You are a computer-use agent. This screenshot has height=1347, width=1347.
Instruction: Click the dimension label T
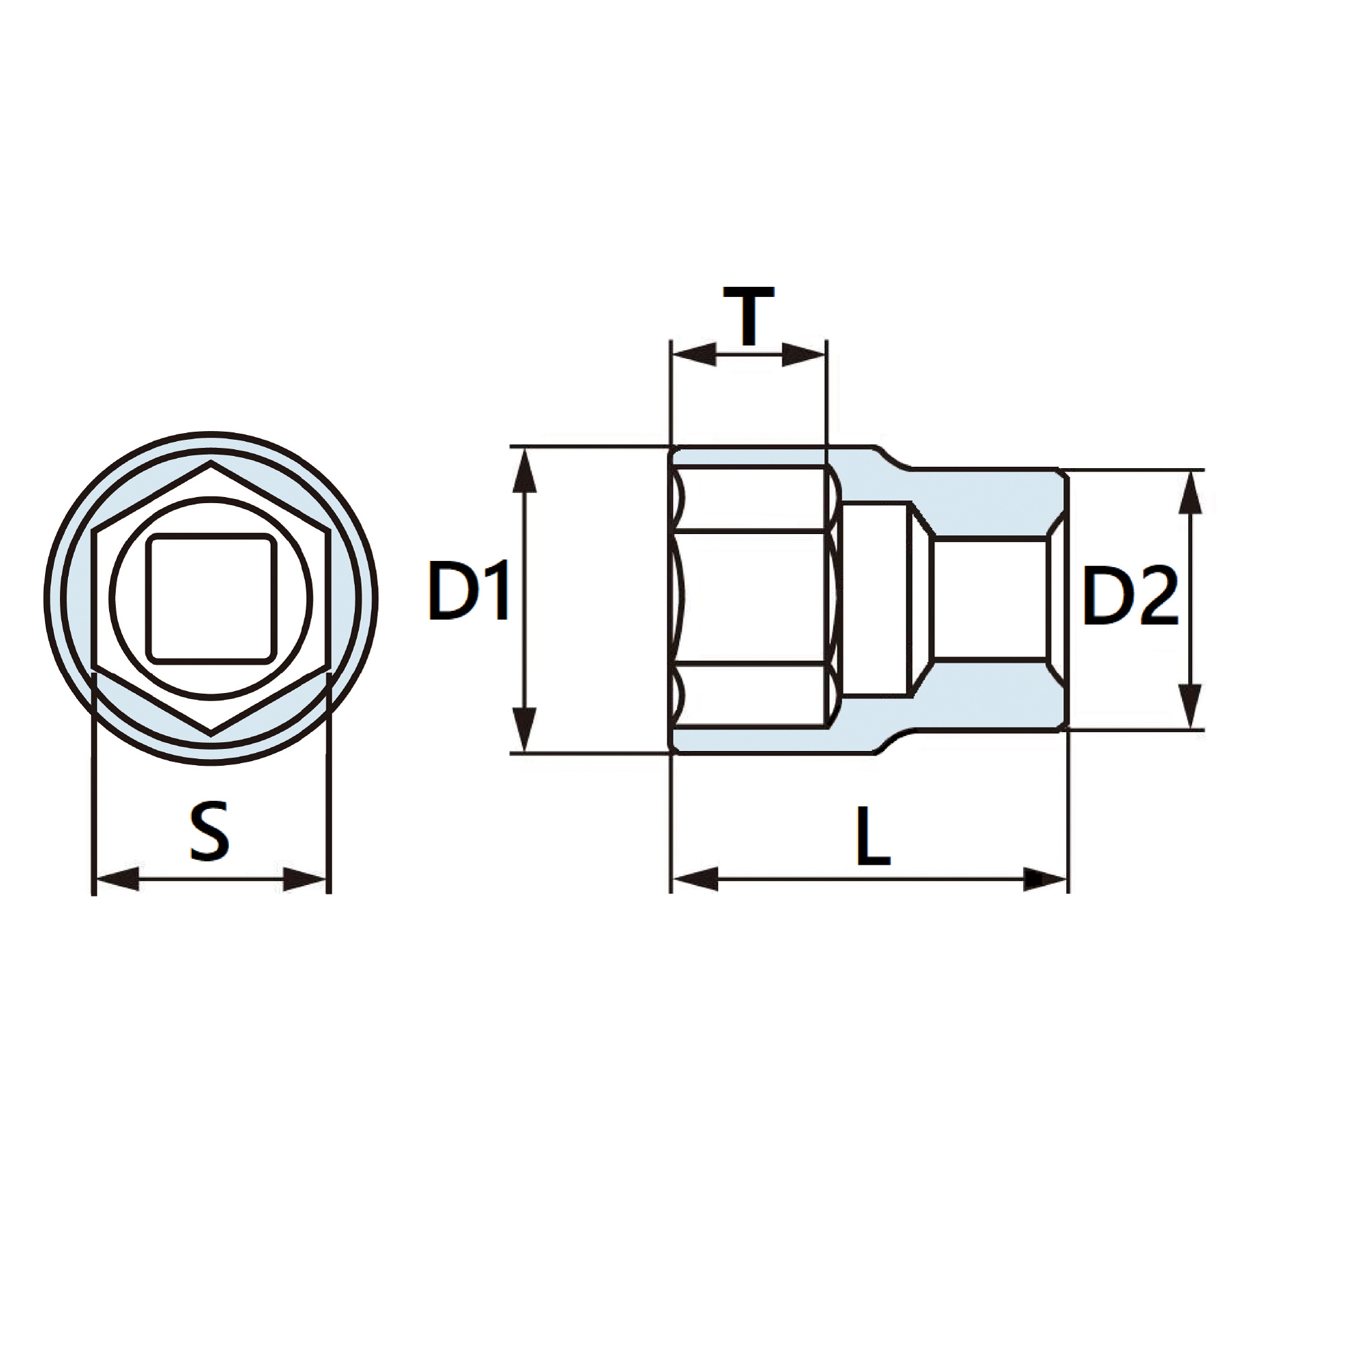(x=748, y=316)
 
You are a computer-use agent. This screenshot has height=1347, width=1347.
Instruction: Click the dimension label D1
(x=469, y=590)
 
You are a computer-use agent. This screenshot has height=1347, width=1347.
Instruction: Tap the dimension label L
(x=873, y=836)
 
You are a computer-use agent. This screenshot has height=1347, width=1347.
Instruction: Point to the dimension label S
(x=209, y=831)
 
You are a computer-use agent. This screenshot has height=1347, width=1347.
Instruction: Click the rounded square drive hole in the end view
(x=211, y=597)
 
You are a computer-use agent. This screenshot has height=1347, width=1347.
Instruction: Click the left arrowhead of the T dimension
(x=694, y=354)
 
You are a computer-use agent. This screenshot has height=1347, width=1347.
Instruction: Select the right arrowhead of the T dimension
(x=803, y=354)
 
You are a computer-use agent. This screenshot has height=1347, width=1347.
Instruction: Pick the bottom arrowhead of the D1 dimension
(x=524, y=729)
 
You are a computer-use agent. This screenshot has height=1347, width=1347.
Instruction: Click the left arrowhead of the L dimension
(x=696, y=879)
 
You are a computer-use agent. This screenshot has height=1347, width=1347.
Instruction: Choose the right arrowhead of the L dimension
(x=1045, y=879)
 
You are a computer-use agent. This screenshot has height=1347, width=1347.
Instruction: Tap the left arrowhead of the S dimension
(x=117, y=879)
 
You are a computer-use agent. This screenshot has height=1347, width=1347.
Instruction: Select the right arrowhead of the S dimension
(x=304, y=879)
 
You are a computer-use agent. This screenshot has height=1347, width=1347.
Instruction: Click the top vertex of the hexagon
(x=211, y=461)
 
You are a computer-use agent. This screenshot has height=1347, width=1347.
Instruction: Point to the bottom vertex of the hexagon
(x=211, y=734)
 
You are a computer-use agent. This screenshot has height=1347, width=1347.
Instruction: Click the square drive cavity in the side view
(x=990, y=597)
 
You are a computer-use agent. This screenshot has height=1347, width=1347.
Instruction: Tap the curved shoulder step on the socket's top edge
(x=892, y=457)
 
